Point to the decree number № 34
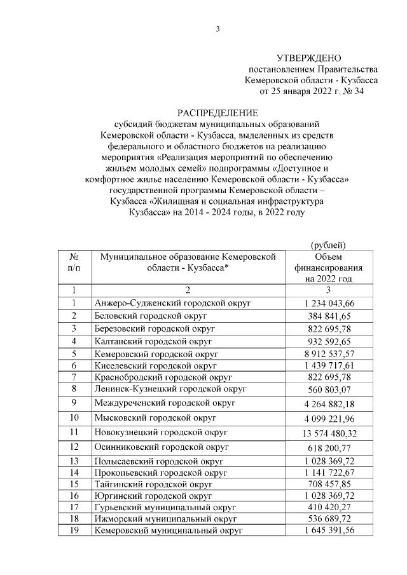369,92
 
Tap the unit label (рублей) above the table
328,245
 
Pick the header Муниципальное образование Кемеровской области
187,262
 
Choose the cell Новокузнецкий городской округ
164,433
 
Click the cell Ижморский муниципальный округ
164,518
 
